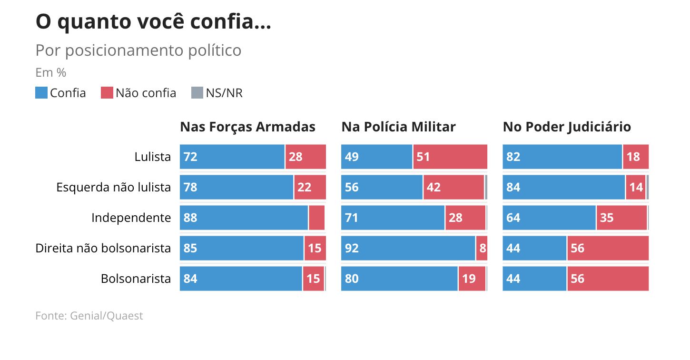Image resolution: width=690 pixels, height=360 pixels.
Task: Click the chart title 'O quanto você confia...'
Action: point(153,22)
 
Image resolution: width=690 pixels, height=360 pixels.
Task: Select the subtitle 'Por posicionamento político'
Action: point(138,50)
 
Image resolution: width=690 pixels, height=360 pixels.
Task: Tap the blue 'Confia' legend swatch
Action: point(41,93)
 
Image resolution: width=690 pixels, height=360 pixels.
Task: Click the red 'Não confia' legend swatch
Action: point(107,93)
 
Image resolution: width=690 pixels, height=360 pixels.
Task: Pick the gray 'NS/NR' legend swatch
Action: point(197,93)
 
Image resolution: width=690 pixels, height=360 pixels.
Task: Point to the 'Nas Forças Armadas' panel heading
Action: point(247,127)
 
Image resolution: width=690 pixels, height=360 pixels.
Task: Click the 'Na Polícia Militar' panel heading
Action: point(398,127)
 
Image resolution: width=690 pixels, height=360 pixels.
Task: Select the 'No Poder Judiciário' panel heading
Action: point(567,127)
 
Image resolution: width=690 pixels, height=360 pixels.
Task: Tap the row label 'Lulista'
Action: point(152,157)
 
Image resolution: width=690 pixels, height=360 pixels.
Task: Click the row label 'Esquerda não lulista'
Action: point(113,187)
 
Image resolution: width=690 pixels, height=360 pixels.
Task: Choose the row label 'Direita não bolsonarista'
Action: point(103,248)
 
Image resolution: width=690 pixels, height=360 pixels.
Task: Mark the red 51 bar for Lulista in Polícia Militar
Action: point(450,157)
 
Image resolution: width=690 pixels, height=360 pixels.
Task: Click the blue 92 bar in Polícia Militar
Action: point(408,248)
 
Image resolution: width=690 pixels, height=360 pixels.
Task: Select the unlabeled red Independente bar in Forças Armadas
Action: point(316,218)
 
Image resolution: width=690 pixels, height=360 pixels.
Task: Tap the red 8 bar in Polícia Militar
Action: point(482,248)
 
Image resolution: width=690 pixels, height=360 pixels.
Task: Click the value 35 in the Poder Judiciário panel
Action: point(607,218)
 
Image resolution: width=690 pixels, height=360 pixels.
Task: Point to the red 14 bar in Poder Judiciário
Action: point(636,187)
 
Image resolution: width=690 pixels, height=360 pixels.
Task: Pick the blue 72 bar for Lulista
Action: point(232,157)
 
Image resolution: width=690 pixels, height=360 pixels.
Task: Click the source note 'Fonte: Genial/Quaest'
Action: point(89,316)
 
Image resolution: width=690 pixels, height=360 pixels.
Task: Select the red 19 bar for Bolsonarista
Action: point(472,279)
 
